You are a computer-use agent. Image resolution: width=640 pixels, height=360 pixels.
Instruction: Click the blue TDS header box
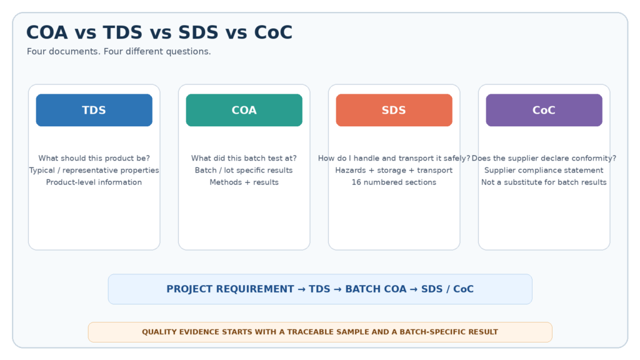click(94, 110)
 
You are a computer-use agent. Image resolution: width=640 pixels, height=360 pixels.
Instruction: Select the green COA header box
click(244, 110)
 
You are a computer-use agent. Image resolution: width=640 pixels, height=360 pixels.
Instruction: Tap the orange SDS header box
click(394, 110)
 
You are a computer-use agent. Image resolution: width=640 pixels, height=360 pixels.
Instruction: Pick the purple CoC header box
click(544, 110)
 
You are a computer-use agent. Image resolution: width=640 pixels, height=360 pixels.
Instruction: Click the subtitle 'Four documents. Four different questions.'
click(119, 51)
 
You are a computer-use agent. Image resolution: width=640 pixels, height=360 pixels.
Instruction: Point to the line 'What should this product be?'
click(94, 158)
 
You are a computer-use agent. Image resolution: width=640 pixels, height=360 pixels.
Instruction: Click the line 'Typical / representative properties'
click(94, 170)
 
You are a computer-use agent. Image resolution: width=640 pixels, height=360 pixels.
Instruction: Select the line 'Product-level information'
click(94, 182)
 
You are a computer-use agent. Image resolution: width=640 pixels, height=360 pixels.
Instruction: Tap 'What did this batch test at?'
click(244, 158)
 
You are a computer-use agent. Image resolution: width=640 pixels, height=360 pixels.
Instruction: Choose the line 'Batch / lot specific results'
click(244, 170)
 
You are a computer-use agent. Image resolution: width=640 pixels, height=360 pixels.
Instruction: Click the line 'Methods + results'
click(244, 182)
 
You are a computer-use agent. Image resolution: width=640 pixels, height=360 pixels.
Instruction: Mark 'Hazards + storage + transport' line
click(394, 170)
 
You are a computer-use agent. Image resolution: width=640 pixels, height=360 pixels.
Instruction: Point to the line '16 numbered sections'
click(394, 182)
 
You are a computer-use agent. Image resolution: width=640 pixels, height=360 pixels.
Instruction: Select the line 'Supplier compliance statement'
click(544, 170)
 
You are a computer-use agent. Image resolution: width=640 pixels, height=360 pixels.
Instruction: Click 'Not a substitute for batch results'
click(544, 182)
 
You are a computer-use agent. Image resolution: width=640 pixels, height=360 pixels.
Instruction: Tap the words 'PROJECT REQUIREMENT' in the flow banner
click(230, 289)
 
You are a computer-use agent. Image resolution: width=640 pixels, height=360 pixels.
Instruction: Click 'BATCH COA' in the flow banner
click(376, 289)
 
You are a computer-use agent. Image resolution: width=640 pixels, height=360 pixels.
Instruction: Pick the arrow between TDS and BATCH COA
click(337, 289)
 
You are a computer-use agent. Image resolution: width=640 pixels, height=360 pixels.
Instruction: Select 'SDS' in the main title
click(198, 32)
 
